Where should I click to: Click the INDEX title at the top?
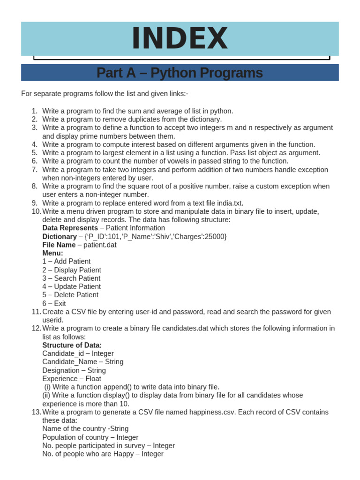coord(180,38)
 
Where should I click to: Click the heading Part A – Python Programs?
coord(180,73)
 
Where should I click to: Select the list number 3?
coord(34,127)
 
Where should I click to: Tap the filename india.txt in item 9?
coord(227,203)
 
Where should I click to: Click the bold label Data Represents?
coord(70,228)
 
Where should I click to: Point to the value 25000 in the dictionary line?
coord(215,236)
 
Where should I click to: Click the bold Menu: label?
coord(52,253)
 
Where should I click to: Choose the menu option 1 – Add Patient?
coord(66,262)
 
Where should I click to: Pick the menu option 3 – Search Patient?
coord(71,278)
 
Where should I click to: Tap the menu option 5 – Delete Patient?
coord(70,295)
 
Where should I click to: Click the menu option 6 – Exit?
coord(54,303)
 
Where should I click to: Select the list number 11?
coord(36,312)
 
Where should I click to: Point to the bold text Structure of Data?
coord(72,345)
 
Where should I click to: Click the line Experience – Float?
coord(71,378)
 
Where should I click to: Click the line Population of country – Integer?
coord(90,437)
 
